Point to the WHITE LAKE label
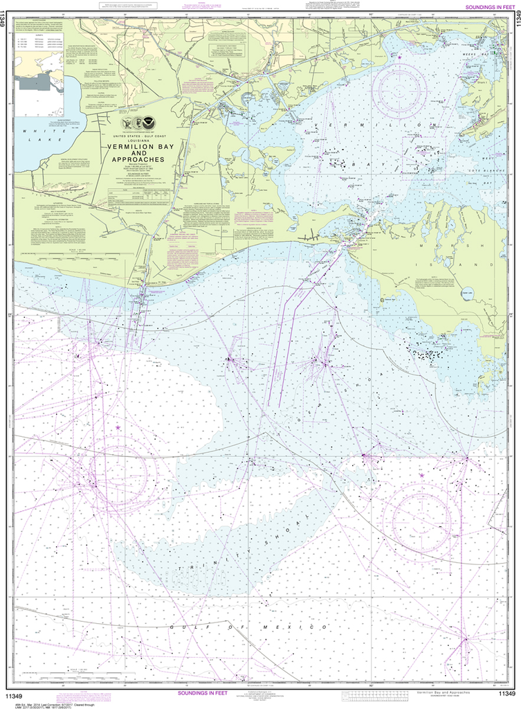(x=39, y=134)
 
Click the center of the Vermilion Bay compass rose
(x=399, y=94)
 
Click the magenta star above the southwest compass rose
(x=118, y=428)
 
